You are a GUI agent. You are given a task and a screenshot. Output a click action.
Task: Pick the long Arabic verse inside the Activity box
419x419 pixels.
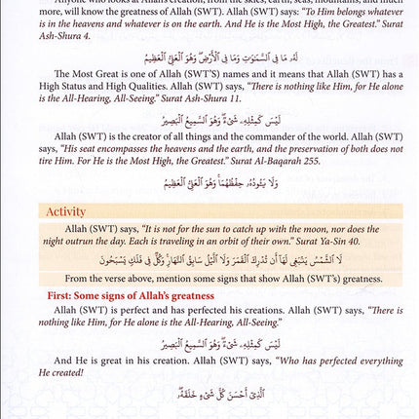(209, 258)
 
